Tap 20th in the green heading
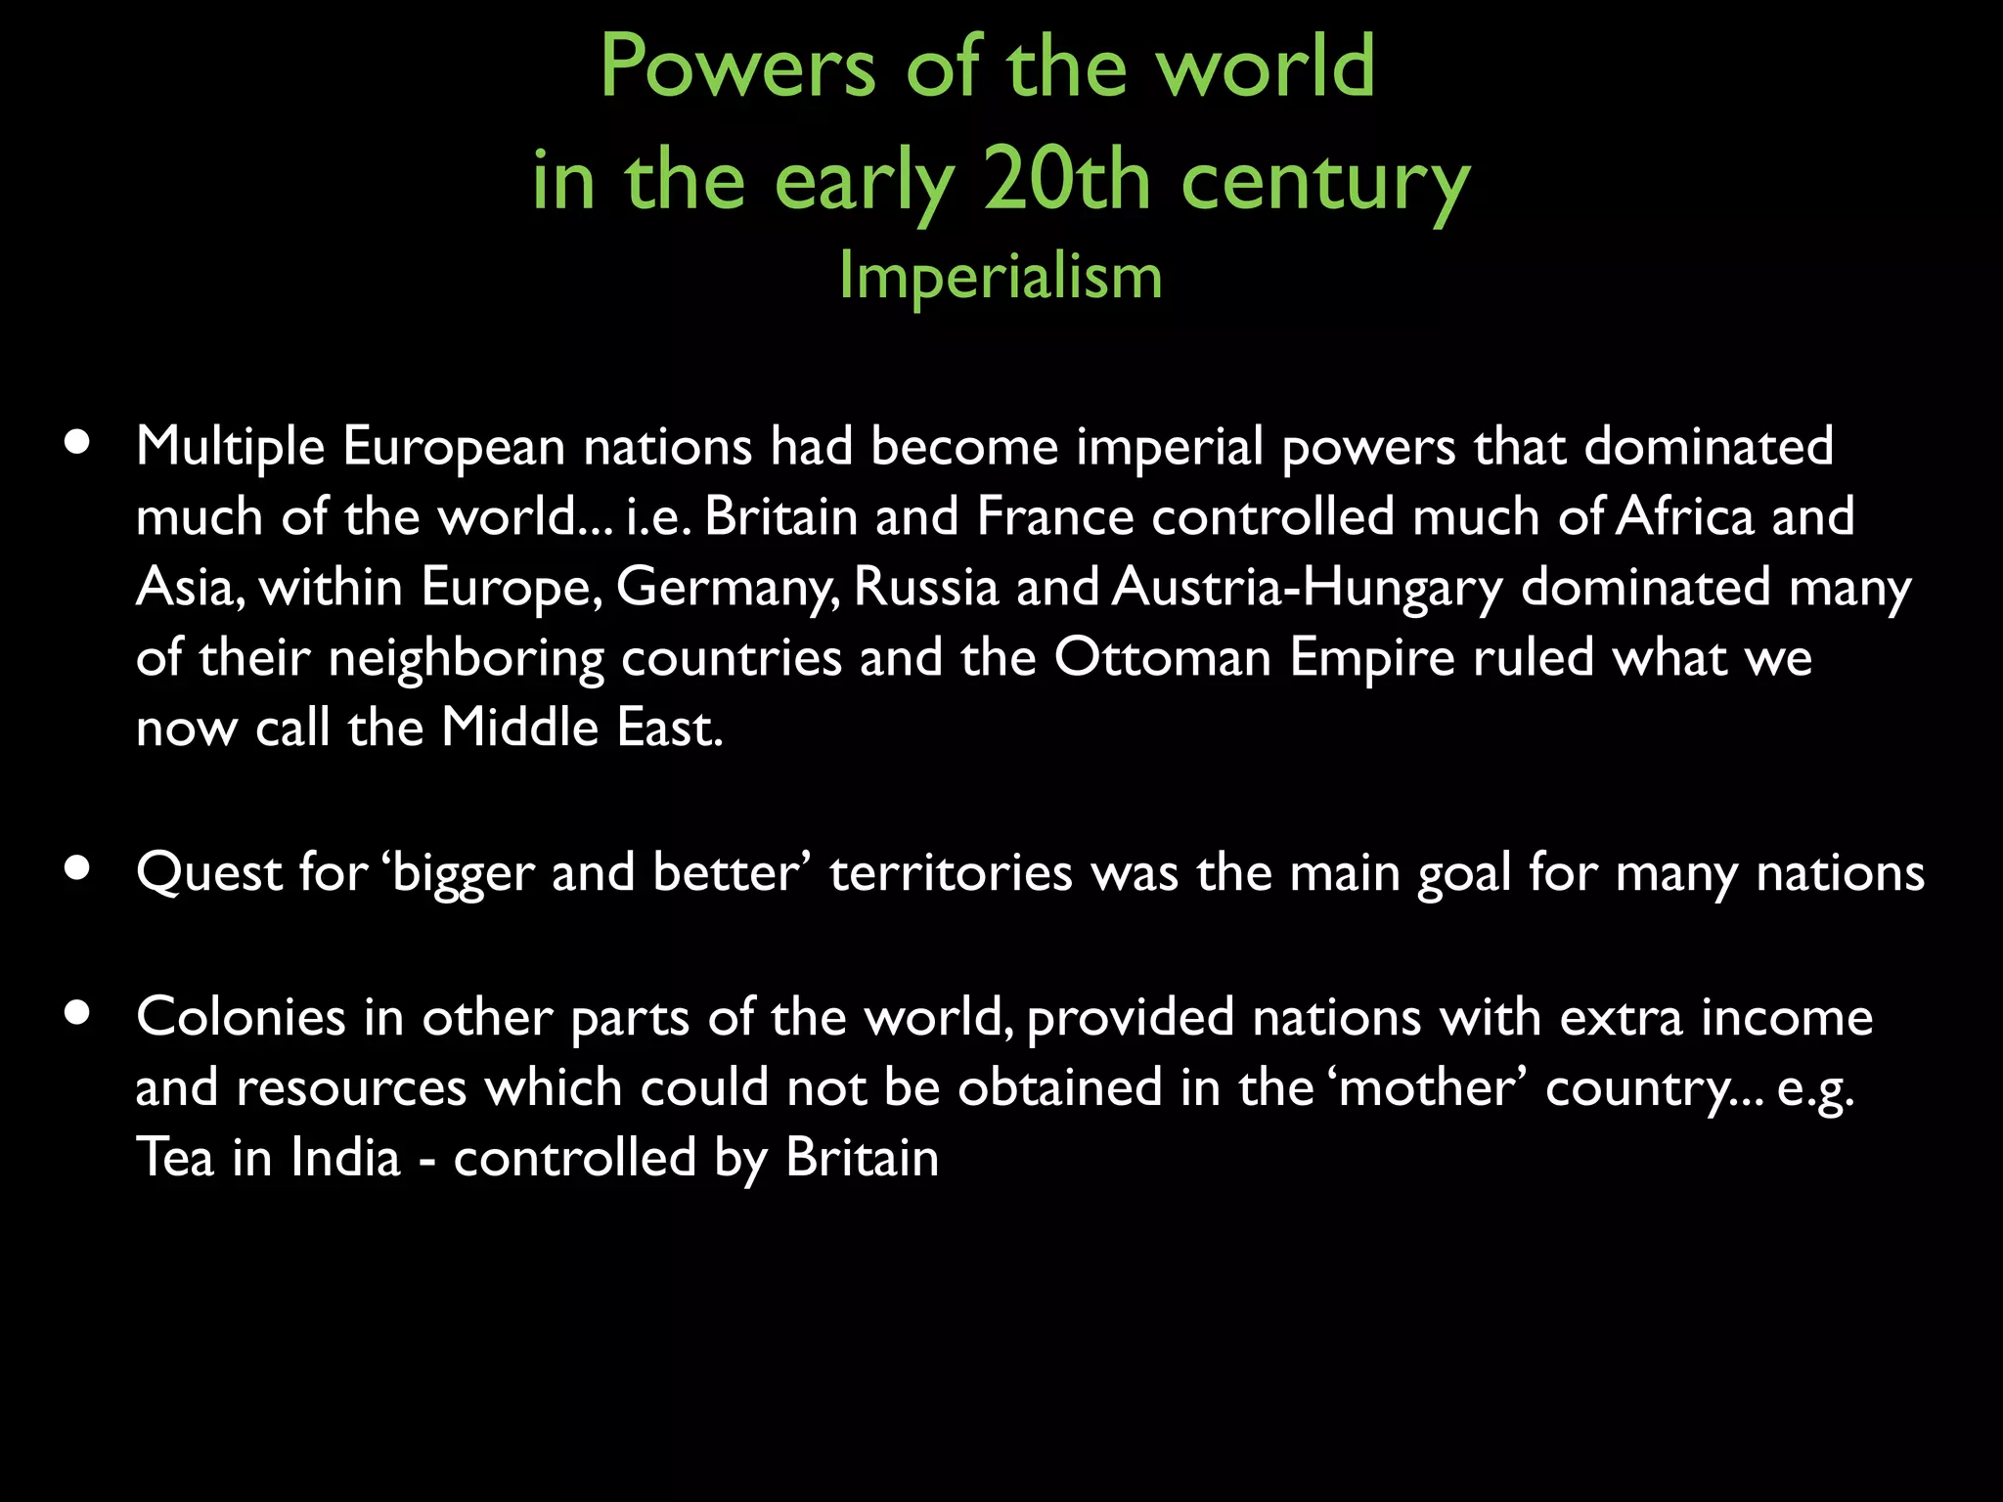coord(1067,181)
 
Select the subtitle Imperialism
coord(1001,277)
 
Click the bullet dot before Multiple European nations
coord(77,442)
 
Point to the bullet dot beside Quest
coord(77,867)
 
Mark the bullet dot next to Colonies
coord(77,1013)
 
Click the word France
coord(1054,516)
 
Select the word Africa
coord(1685,516)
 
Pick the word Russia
coord(926,587)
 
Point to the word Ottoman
coord(1162,657)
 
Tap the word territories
coord(951,872)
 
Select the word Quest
coord(208,872)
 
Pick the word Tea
coord(174,1158)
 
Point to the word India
coord(345,1158)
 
